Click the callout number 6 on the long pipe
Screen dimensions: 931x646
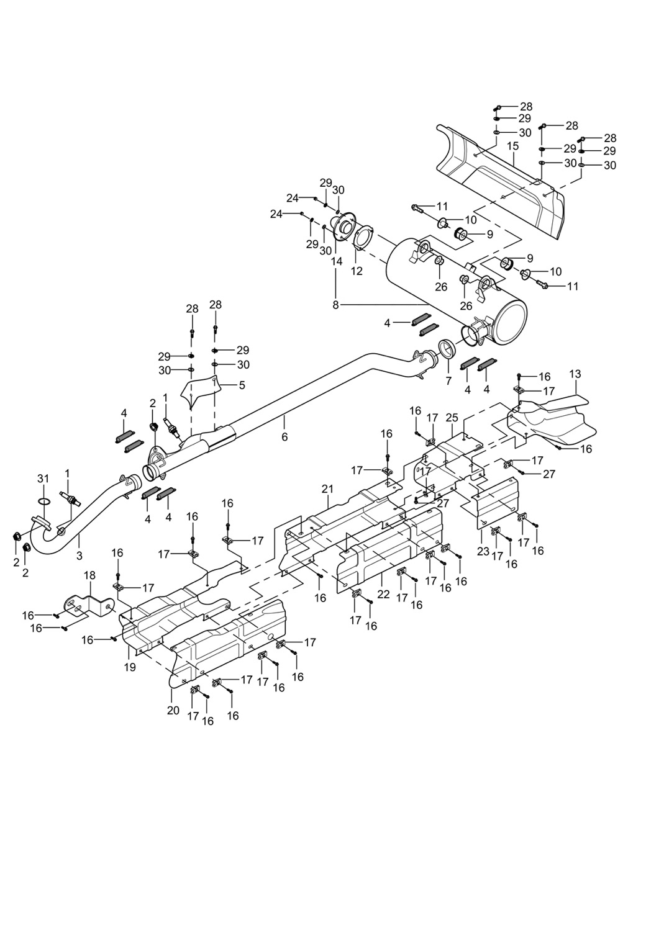click(x=284, y=436)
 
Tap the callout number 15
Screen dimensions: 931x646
click(x=512, y=146)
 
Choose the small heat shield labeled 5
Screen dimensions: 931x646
click(x=200, y=390)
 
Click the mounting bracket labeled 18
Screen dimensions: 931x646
click(x=87, y=605)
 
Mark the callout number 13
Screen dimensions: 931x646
click(x=575, y=374)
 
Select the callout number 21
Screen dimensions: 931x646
click(x=328, y=489)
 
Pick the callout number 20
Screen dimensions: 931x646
click(x=173, y=710)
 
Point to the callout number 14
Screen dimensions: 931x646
click(x=336, y=261)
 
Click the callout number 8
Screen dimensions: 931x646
click(x=336, y=305)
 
